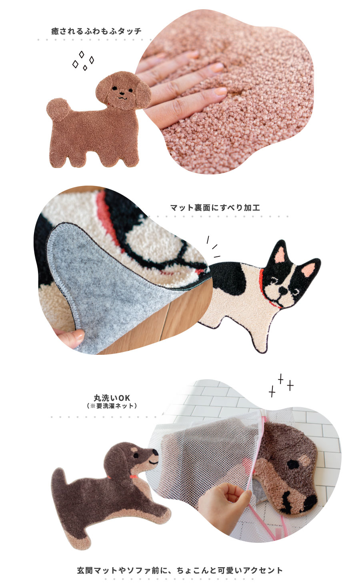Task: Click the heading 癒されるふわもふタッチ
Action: tap(96, 31)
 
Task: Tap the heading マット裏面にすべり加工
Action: tap(215, 208)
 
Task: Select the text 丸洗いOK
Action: tap(112, 398)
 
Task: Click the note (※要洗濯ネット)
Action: tap(112, 406)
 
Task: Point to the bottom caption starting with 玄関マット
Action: tap(180, 570)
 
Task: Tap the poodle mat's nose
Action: tap(122, 93)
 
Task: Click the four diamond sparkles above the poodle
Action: tap(83, 60)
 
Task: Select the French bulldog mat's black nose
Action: tap(283, 290)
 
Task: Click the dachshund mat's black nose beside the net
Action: tap(156, 453)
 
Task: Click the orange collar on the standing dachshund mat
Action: tap(133, 476)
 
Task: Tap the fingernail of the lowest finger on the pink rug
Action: tap(220, 91)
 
